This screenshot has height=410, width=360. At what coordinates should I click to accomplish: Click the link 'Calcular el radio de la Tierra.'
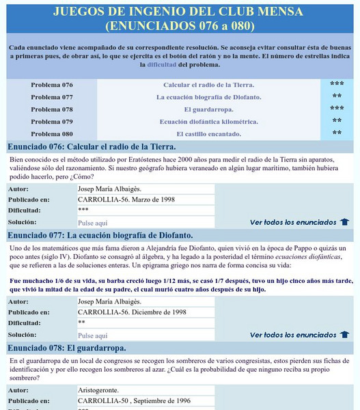coord(208,85)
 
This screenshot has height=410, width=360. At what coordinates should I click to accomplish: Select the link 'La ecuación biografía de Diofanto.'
coord(208,97)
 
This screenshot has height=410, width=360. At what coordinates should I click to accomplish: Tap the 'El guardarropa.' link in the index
coord(208,109)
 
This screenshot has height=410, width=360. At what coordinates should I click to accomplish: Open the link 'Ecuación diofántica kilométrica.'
coord(208,122)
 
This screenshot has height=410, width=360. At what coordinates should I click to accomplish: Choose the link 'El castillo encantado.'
coord(208,134)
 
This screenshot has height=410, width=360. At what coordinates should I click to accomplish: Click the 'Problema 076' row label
coord(52,85)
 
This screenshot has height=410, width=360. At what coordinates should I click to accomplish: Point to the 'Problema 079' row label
coord(52,122)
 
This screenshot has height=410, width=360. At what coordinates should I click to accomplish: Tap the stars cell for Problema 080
coord(337,134)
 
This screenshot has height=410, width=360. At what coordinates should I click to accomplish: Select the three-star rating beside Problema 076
coord(337,85)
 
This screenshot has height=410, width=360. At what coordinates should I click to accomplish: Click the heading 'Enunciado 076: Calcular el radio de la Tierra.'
coord(92,146)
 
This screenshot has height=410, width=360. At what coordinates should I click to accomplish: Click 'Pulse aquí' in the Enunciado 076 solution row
coord(93,223)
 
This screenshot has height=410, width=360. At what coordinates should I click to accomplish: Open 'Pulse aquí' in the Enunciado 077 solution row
coord(93,336)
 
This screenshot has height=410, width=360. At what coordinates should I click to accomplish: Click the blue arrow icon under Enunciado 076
coord(344,222)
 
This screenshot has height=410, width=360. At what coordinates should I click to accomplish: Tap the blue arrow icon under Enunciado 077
coord(344,335)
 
